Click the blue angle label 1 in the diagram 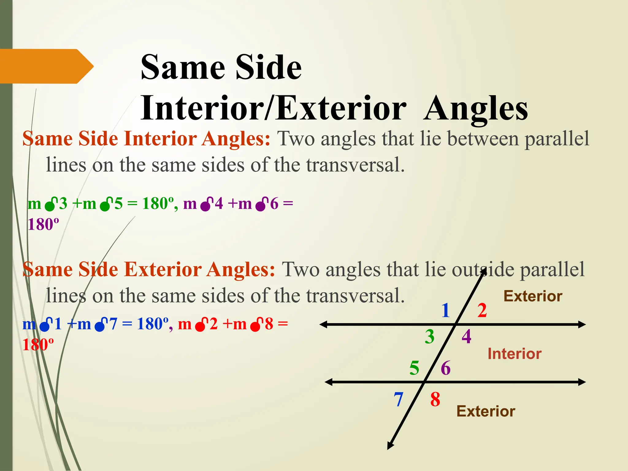[x=446, y=310]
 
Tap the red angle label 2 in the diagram [x=482, y=310]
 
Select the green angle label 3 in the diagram [x=430, y=337]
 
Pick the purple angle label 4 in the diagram [x=466, y=337]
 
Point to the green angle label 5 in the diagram [x=414, y=368]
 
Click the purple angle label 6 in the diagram [x=446, y=368]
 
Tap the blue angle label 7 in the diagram [x=398, y=400]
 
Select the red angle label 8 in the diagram [x=435, y=400]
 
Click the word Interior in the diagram [x=515, y=354]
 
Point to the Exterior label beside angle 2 [x=533, y=296]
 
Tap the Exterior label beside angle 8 [x=486, y=411]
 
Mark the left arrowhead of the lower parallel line [x=329, y=382]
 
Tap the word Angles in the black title [x=476, y=109]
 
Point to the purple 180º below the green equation [x=43, y=224]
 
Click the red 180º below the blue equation [x=38, y=345]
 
